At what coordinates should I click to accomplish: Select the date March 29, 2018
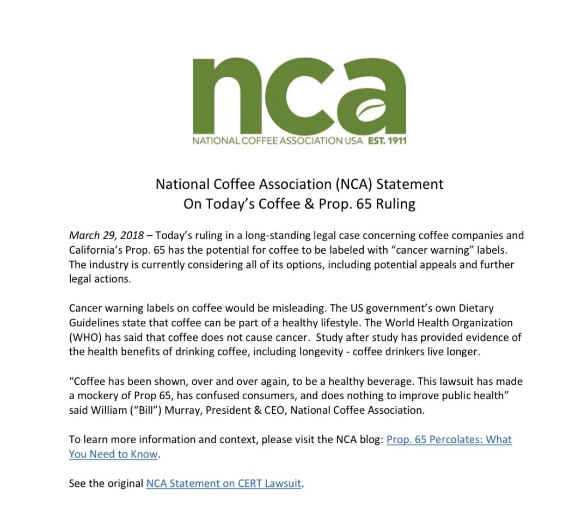[x=106, y=236]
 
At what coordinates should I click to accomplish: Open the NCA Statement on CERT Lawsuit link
[x=224, y=483]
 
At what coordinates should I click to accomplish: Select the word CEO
[x=274, y=410]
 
